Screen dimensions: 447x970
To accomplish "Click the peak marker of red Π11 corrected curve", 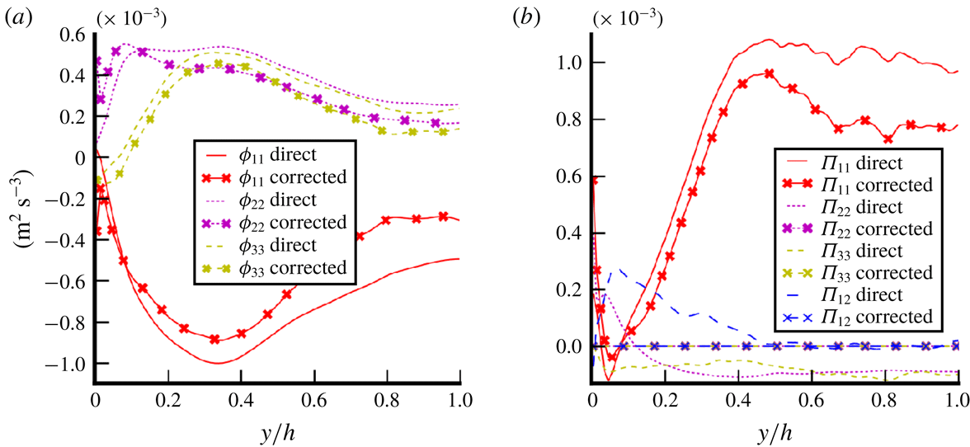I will (x=769, y=73).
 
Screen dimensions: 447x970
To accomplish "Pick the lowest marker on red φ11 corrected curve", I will (x=214, y=339).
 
